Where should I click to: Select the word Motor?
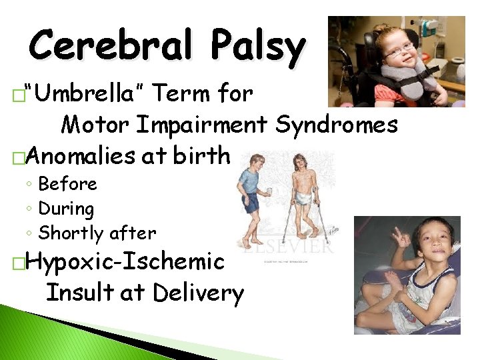coord(97,125)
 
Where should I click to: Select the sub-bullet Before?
coord(67,184)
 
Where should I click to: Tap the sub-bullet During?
coord(66,209)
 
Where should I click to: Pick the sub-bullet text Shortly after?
coord(97,233)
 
